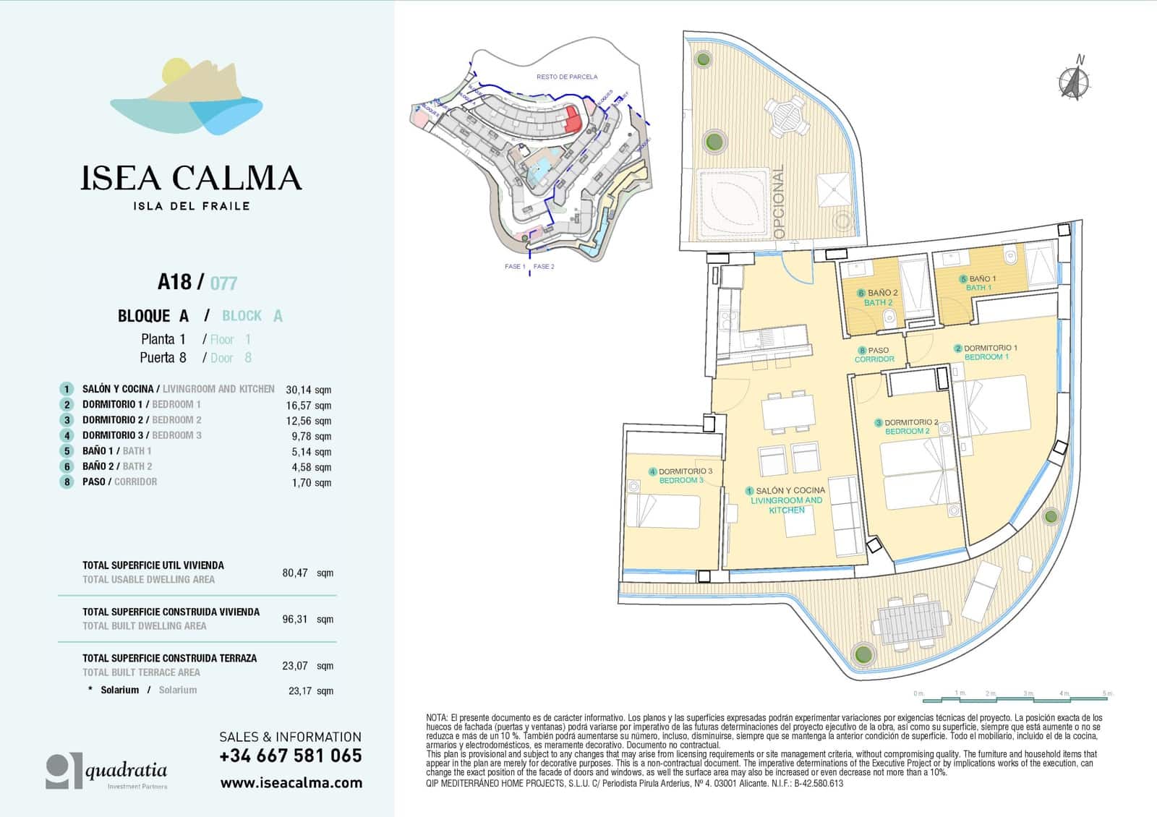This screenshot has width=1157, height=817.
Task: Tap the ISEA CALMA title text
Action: point(191,178)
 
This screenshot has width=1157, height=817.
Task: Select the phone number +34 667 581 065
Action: point(291,756)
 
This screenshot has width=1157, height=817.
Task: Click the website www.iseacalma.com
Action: point(291,782)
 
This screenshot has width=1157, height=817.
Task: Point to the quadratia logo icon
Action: point(64,771)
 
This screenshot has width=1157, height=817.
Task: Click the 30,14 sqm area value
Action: point(308,389)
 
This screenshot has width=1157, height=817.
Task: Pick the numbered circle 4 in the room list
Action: point(67,435)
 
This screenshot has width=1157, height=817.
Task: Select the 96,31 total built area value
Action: point(295,619)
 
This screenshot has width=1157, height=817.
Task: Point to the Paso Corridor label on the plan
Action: point(874,354)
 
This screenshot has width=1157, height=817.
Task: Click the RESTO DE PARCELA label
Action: point(567,77)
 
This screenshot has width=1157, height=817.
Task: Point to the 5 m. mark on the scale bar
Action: point(1107,693)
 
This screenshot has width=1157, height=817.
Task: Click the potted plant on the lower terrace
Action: point(862,655)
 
